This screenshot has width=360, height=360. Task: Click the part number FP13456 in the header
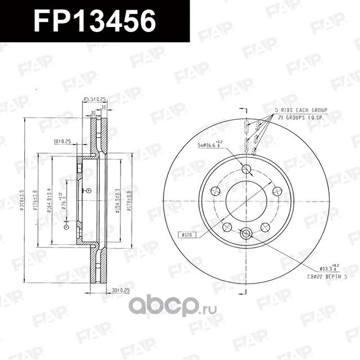pos(94,21)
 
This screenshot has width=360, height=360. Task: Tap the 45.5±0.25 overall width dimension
pos(95,100)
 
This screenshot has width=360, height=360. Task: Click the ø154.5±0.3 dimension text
pos(117,200)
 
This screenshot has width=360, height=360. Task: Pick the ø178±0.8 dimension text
pos(129,200)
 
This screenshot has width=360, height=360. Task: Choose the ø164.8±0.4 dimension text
pos(49,200)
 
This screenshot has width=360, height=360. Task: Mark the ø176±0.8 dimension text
pos(35,200)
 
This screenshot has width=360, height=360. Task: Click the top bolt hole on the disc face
pos(246,169)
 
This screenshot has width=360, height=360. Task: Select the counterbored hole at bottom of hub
pos(246,232)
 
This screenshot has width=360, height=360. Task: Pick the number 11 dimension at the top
pos(103,106)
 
